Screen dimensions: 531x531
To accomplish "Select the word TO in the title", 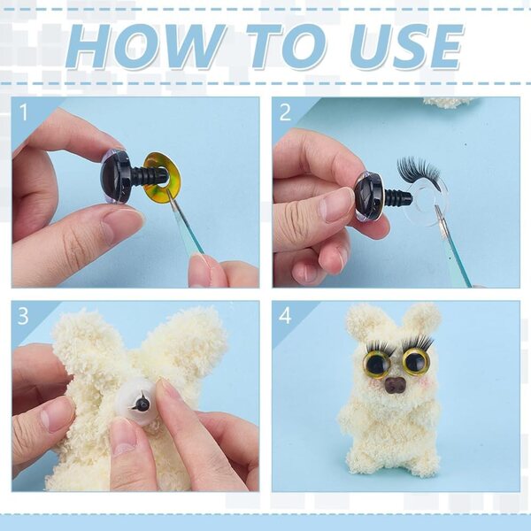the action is pos(287,46).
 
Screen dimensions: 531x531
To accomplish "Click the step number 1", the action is pos(23,112).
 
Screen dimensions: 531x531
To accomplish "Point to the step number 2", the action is pos(285,112).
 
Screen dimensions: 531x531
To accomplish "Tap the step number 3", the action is pos(23,316).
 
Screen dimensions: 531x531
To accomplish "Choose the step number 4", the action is pos(285,316).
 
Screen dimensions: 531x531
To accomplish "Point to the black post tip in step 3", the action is pos(141,404).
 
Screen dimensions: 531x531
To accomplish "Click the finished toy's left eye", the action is pos(377,365).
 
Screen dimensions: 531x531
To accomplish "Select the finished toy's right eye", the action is pos(414,363).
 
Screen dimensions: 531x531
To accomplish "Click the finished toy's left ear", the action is pos(362,322).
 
